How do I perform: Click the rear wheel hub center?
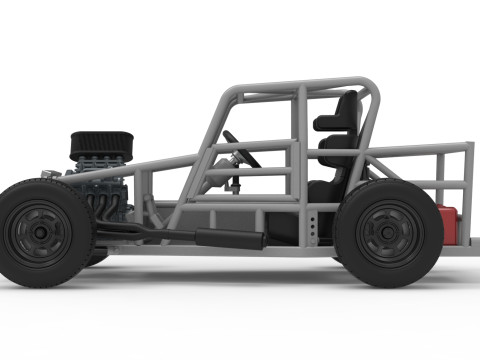[x=388, y=232]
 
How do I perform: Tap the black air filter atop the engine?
[x=98, y=146]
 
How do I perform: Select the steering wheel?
[x=241, y=149]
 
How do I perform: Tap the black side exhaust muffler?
[x=228, y=239]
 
